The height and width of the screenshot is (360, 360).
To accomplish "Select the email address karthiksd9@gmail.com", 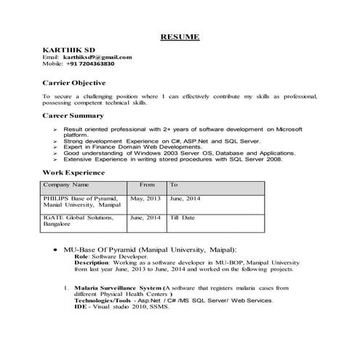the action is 97,57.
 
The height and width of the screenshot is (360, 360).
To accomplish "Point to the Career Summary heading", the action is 73,116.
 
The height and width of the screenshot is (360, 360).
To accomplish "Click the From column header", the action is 147,185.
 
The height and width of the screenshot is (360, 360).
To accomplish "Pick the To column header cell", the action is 174,185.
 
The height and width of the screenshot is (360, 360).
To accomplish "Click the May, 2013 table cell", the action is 145,198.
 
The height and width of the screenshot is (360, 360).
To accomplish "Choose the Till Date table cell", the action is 183,217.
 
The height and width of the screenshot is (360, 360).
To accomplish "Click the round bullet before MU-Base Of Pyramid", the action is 56,249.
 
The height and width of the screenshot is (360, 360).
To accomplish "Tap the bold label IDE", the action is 80,307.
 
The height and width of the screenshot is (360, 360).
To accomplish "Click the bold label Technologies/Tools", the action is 102,300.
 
